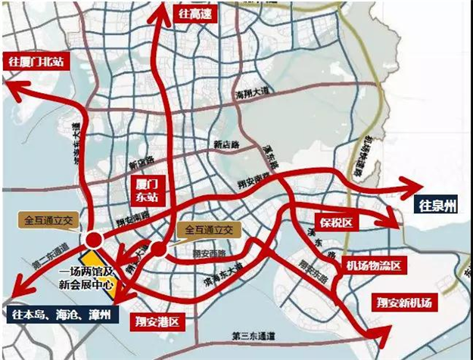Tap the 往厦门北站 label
coord(35,60)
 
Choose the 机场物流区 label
coord(377,265)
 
